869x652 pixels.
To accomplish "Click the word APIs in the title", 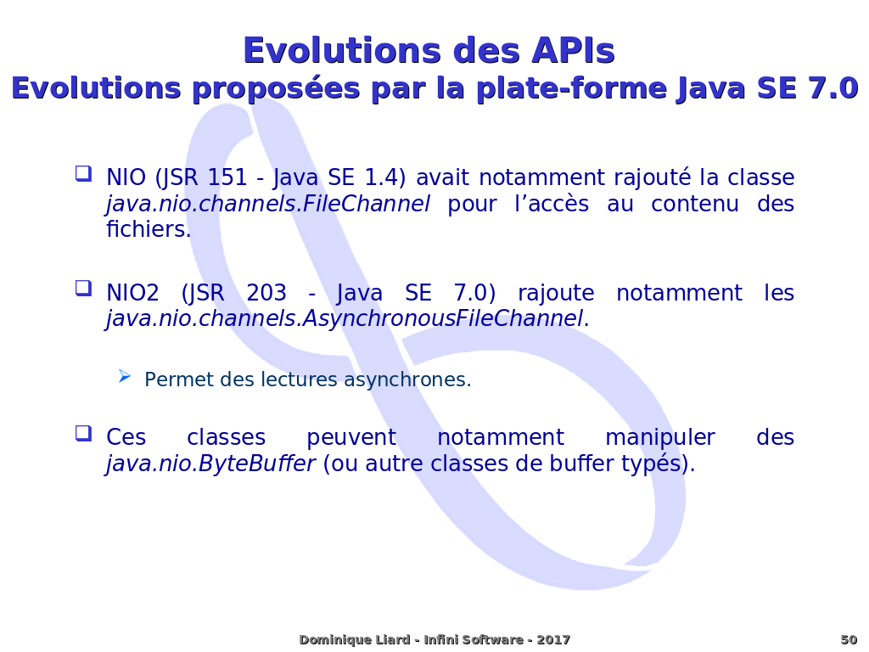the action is (x=573, y=50).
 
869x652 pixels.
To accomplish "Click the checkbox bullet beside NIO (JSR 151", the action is (x=83, y=173).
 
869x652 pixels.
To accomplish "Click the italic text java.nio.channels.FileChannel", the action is (x=267, y=204).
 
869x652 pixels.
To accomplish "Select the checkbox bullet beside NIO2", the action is (x=83, y=289).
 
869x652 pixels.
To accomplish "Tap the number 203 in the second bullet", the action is (x=266, y=293).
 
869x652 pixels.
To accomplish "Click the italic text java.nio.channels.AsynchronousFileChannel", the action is (x=345, y=319).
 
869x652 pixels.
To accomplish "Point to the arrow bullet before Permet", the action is (x=125, y=377).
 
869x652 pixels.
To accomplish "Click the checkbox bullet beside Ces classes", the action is (x=83, y=433).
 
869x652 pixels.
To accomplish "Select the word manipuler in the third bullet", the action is (x=659, y=438).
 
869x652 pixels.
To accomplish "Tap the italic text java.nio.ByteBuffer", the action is (x=210, y=464).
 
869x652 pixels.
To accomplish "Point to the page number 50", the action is (x=849, y=640).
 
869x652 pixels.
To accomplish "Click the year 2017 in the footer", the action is (x=553, y=640).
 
